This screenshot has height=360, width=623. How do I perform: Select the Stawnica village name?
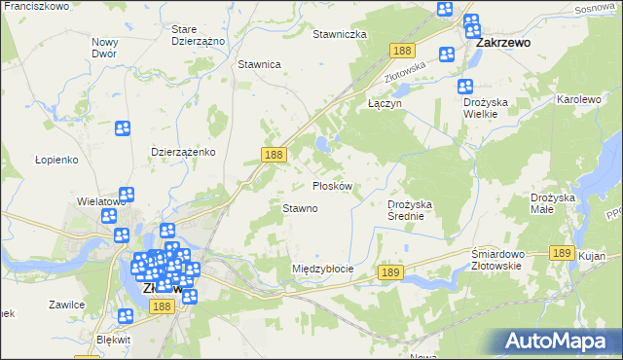coord(259,64)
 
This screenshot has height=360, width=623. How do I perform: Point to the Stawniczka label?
coord(339,34)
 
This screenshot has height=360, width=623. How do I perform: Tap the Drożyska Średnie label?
coord(416,210)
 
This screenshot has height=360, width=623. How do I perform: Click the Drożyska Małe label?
coord(555,203)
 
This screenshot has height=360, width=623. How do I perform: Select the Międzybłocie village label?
coord(322,269)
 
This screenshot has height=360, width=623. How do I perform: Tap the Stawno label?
coord(300,208)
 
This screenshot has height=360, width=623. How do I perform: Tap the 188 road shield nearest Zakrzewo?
coord(400,51)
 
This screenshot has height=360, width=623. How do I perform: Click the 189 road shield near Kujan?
coord(560,252)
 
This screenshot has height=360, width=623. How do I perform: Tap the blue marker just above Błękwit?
coord(126,315)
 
